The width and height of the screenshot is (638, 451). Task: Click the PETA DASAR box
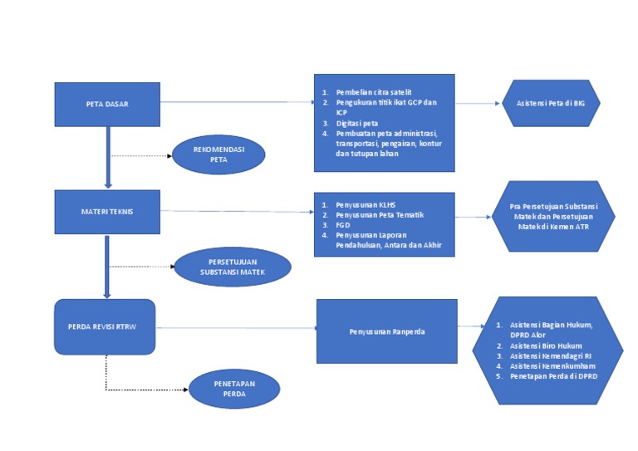(107, 104)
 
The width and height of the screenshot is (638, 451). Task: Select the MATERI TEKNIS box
(107, 211)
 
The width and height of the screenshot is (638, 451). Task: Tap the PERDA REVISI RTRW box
(106, 326)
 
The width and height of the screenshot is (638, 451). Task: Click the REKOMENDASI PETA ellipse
(218, 155)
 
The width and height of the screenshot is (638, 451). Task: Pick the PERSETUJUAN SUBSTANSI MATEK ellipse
(233, 267)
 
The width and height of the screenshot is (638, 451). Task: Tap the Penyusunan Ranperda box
(386, 331)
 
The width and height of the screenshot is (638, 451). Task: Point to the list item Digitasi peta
(357, 123)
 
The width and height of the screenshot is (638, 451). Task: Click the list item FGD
(344, 224)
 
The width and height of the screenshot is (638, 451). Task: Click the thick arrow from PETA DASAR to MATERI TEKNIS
(108, 158)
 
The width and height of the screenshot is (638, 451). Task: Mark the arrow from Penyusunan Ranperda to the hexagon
(470, 329)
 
